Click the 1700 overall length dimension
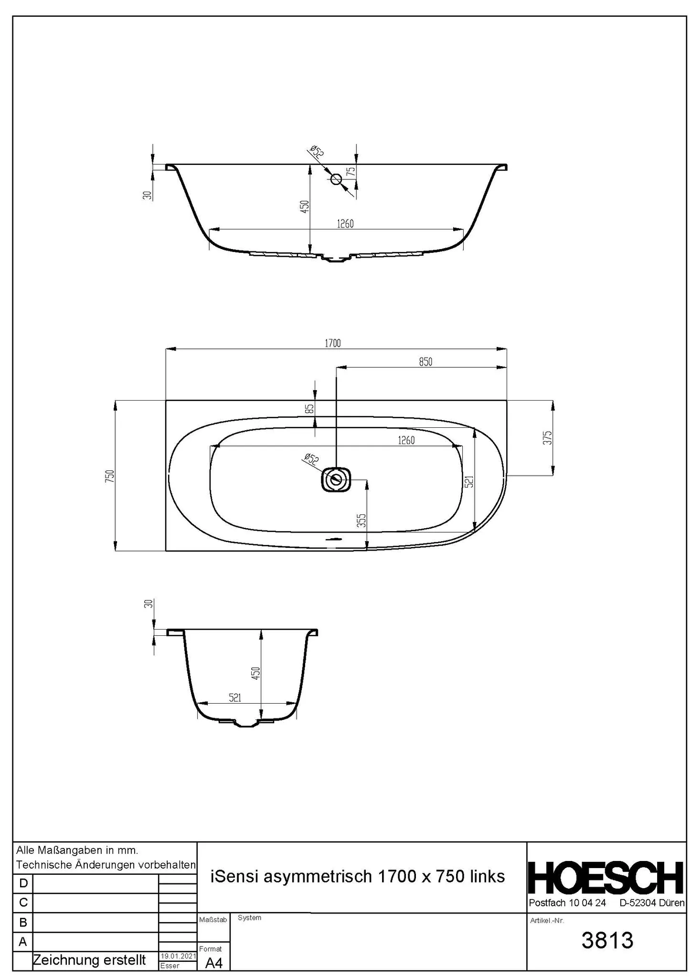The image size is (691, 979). (332, 343)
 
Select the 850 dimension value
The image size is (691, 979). (425, 361)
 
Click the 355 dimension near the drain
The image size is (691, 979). (361, 521)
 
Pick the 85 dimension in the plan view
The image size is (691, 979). (309, 409)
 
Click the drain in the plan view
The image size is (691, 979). (337, 479)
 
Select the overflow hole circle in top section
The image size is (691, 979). (336, 179)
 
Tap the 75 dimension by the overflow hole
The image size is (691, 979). (351, 172)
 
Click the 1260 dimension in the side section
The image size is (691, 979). (345, 223)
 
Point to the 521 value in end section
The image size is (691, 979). (234, 697)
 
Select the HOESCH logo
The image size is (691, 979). (606, 878)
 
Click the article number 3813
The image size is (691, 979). (607, 940)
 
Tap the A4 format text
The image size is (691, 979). (213, 963)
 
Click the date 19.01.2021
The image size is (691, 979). (177, 956)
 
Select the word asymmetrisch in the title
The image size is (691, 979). (318, 876)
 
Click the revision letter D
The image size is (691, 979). (23, 882)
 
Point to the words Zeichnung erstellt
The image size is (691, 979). (89, 960)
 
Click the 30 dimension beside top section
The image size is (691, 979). (147, 195)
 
